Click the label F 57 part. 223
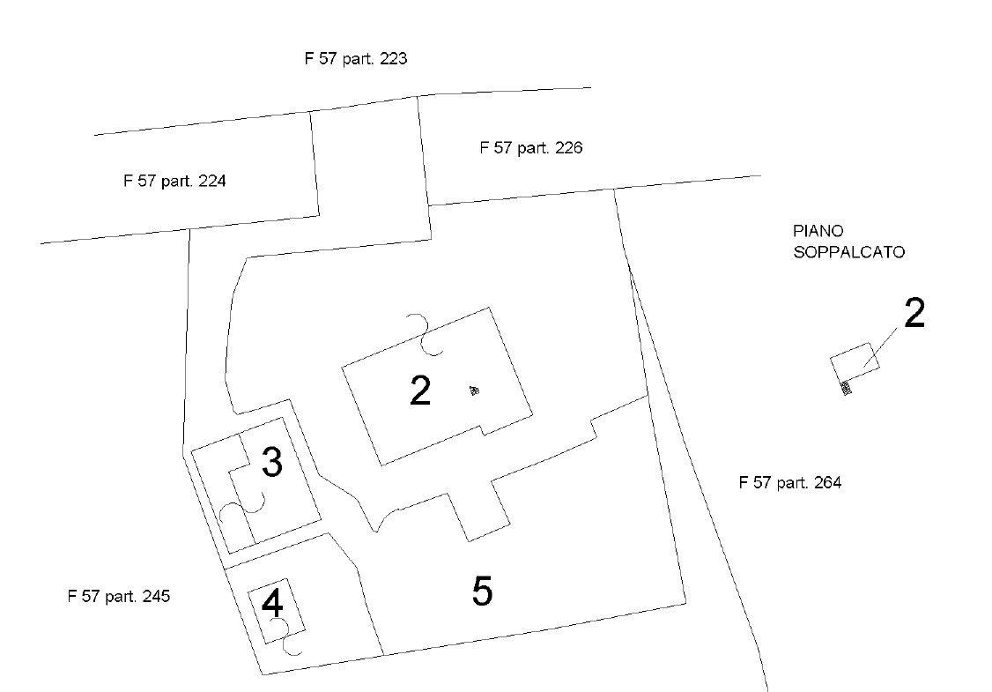[x=356, y=59]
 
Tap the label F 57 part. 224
[x=174, y=181]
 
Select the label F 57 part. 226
[x=530, y=147]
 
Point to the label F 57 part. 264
[x=790, y=482]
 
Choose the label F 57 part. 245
[x=119, y=597]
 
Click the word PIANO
[x=818, y=231]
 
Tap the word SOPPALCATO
[x=849, y=252]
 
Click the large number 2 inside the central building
[x=421, y=391]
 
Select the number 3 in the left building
[x=272, y=462]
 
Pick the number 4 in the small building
[x=272, y=603]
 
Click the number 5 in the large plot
[x=482, y=592]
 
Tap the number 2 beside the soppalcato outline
[x=914, y=313]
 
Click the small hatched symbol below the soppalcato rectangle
[x=845, y=388]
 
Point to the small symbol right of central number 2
[x=474, y=390]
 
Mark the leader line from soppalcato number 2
[x=881, y=347]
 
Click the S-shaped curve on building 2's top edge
[x=426, y=333]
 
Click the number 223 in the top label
[x=393, y=59]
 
